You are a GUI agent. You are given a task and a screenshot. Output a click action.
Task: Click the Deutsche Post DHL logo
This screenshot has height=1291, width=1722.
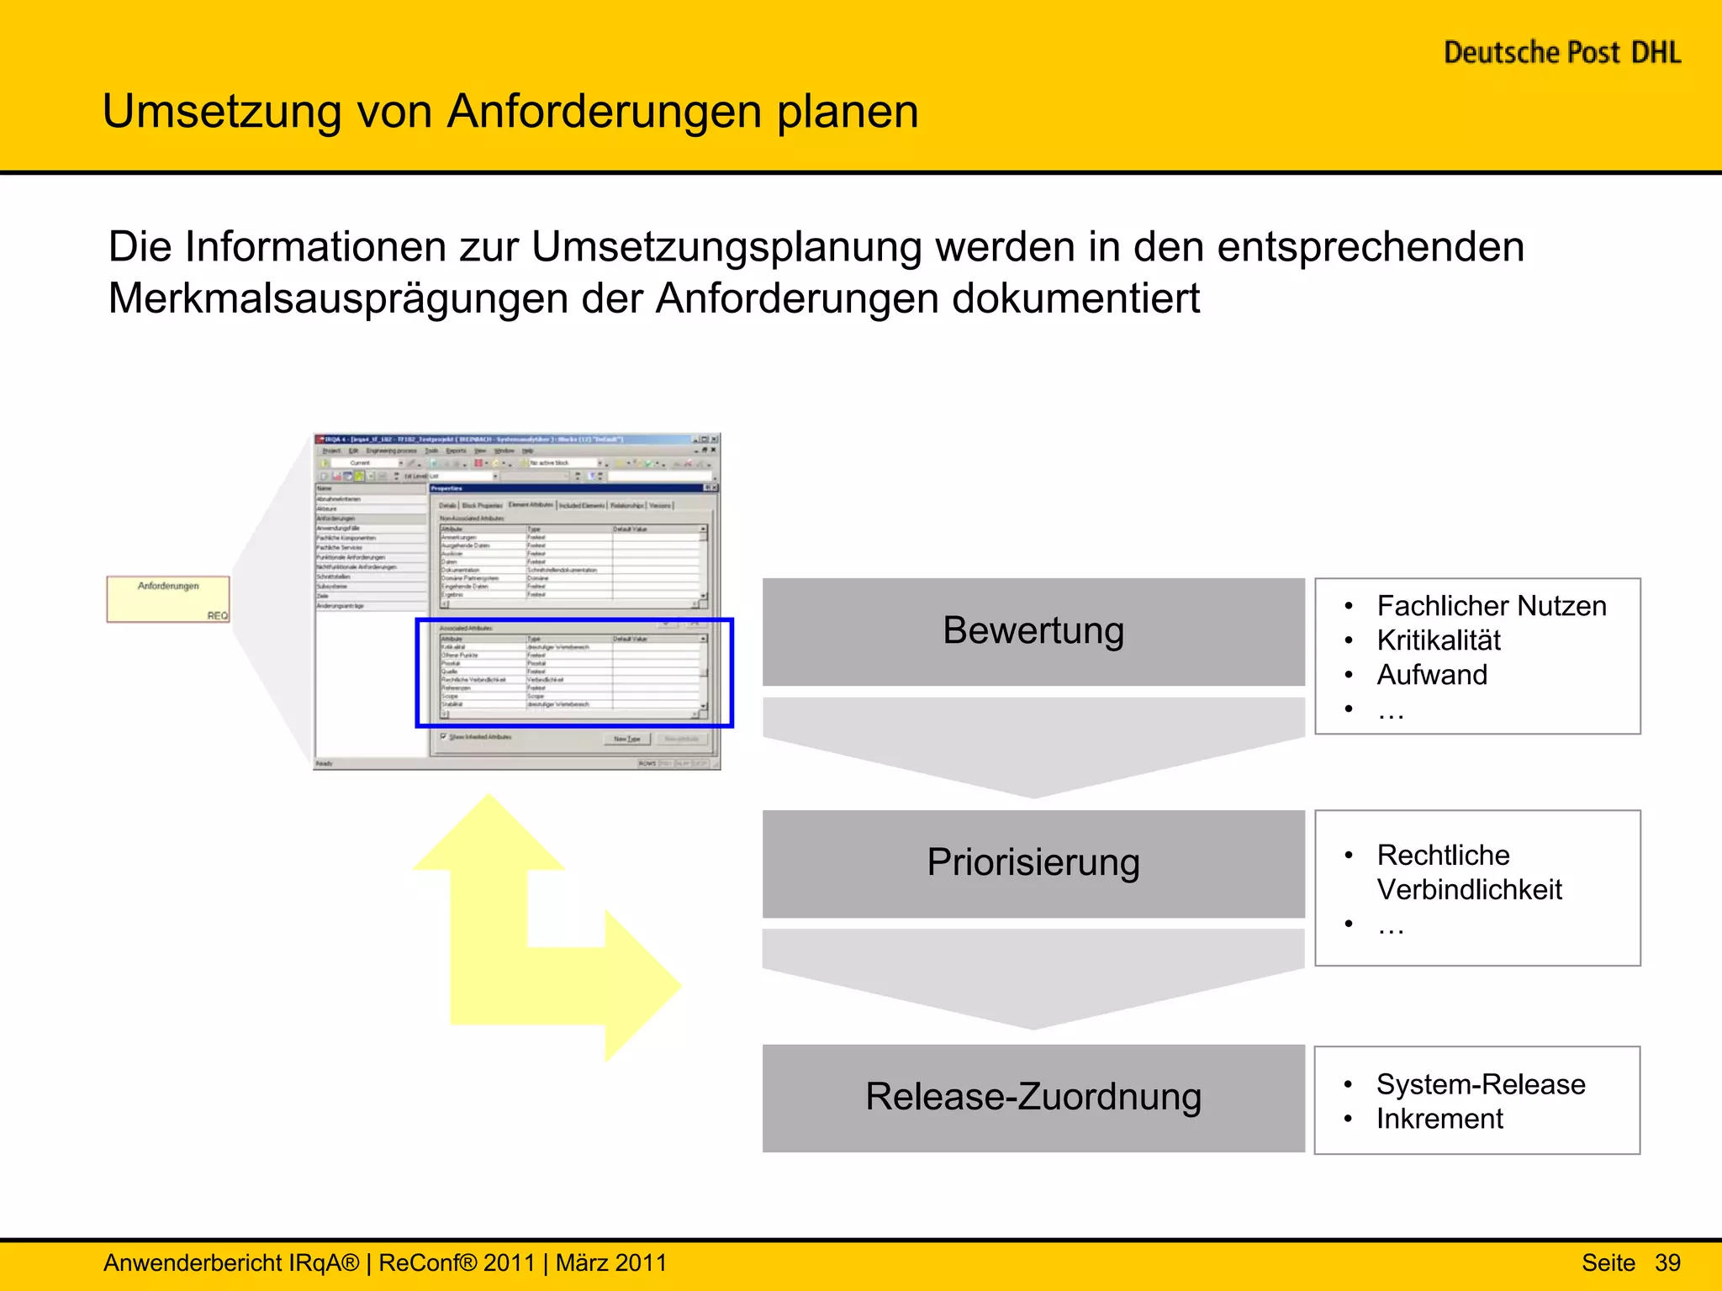pos(1561,53)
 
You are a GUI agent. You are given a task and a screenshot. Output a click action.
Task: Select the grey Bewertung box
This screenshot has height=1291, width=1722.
pos(1033,631)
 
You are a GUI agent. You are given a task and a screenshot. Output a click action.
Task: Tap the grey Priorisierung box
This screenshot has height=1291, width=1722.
pos(1033,863)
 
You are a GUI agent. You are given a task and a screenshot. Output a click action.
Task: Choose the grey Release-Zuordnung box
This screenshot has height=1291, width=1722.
pos(1033,1097)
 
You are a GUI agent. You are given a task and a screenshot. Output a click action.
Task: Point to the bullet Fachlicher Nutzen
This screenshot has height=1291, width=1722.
pos(1491,606)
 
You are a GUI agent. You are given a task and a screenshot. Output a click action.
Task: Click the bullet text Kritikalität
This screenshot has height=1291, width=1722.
pos(1438,640)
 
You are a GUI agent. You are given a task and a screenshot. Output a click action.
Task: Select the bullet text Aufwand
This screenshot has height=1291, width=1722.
pos(1431,675)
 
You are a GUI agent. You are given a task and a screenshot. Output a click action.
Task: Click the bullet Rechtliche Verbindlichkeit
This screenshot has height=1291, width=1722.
pos(1468,872)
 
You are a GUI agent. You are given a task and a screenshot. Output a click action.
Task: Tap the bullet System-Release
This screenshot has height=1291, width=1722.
pos(1480,1084)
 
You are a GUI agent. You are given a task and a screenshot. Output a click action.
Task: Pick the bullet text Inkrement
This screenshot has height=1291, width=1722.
pos(1439,1119)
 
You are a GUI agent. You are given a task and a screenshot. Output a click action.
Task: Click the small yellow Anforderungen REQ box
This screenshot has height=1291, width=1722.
pos(168,598)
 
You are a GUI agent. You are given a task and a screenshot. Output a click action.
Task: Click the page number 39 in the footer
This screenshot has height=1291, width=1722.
pos(1667,1262)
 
